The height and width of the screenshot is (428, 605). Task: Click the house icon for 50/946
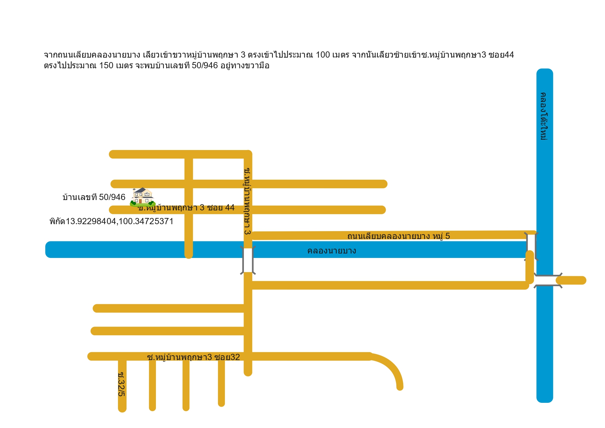142,197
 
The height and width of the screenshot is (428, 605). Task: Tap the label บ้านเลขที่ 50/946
94,197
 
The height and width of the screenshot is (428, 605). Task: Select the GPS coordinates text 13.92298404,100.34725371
120,221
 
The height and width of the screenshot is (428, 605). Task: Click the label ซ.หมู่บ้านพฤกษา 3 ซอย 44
186,208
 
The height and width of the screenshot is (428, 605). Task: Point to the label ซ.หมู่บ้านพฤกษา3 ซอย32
194,357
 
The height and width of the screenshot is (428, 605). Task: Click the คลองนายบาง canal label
332,251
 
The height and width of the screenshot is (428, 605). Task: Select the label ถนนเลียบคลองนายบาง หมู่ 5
399,236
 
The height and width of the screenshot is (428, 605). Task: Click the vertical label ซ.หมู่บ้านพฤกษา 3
247,201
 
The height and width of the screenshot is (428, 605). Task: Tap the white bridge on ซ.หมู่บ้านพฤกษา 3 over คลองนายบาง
248,260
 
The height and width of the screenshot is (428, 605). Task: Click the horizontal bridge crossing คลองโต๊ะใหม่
548,280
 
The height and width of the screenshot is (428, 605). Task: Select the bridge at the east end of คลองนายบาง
531,246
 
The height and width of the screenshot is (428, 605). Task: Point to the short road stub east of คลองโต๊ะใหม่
571,280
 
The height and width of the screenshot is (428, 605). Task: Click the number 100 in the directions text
323,55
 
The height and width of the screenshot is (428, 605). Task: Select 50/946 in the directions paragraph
205,66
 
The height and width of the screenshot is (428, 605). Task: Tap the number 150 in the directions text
106,66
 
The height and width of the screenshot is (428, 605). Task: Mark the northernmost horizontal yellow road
181,154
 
